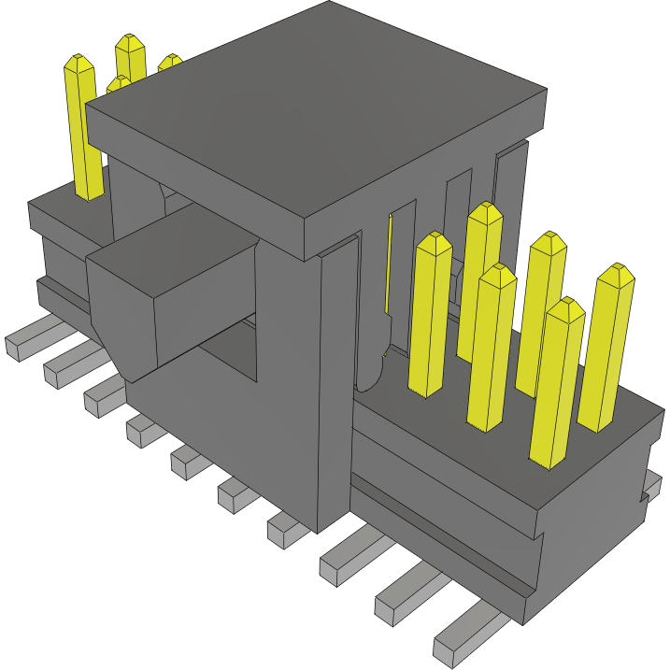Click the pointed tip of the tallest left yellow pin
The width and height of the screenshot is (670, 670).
coord(79,64)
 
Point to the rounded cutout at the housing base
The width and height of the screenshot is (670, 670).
coord(371,374)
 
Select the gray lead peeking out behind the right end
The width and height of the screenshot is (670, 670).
coord(651,486)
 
